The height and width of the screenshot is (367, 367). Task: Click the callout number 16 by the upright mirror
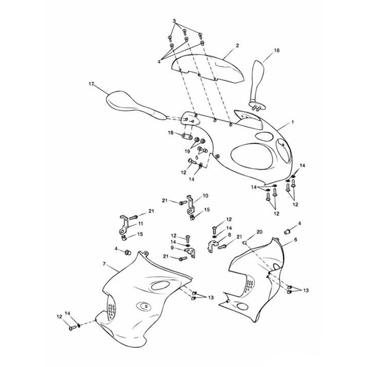pyautogui.click(x=277, y=50)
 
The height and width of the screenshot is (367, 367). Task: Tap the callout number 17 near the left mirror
pyautogui.click(x=91, y=84)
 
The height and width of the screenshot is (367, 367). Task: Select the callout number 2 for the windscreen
pyautogui.click(x=237, y=46)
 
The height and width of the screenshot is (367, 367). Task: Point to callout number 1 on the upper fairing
pyautogui.click(x=293, y=122)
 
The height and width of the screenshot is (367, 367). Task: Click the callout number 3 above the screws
pyautogui.click(x=174, y=21)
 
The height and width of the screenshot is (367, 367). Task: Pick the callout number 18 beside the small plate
pyautogui.click(x=171, y=132)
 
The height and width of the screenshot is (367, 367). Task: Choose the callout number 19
pyautogui.click(x=187, y=151)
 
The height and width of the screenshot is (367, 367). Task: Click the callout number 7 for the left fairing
pyautogui.click(x=104, y=264)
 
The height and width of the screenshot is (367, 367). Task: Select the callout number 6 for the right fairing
pyautogui.click(x=295, y=239)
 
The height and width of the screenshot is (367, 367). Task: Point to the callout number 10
pyautogui.click(x=206, y=196)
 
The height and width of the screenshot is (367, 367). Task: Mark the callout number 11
pyautogui.click(x=141, y=223)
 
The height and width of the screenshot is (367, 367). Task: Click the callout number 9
pyautogui.click(x=172, y=248)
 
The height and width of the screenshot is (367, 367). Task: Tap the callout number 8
pyautogui.click(x=229, y=235)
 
